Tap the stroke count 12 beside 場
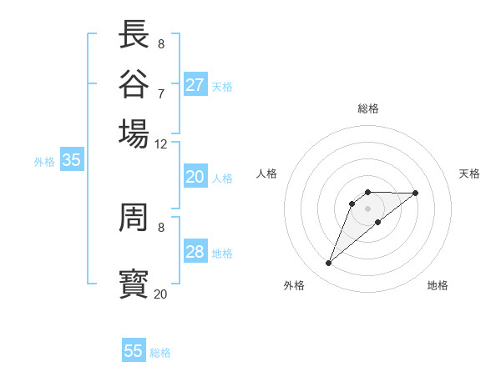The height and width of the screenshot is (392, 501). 160,143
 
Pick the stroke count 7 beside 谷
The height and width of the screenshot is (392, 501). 160,93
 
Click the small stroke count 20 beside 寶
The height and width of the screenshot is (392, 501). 160,294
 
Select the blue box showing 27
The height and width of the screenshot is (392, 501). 195,85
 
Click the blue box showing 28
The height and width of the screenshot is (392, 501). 195,252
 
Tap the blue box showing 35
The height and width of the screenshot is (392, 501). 71,161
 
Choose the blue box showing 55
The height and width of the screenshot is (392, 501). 134,351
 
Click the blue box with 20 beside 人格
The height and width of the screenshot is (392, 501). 195,177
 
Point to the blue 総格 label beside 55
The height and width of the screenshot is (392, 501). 160,353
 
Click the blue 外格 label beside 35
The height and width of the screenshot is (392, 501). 43,162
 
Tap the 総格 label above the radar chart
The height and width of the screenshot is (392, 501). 367,108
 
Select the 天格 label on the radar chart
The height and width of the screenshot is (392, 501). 469,173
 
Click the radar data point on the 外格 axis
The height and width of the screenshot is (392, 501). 328,264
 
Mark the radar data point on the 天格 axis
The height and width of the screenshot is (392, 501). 416,193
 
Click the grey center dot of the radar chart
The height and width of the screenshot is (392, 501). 367,208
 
